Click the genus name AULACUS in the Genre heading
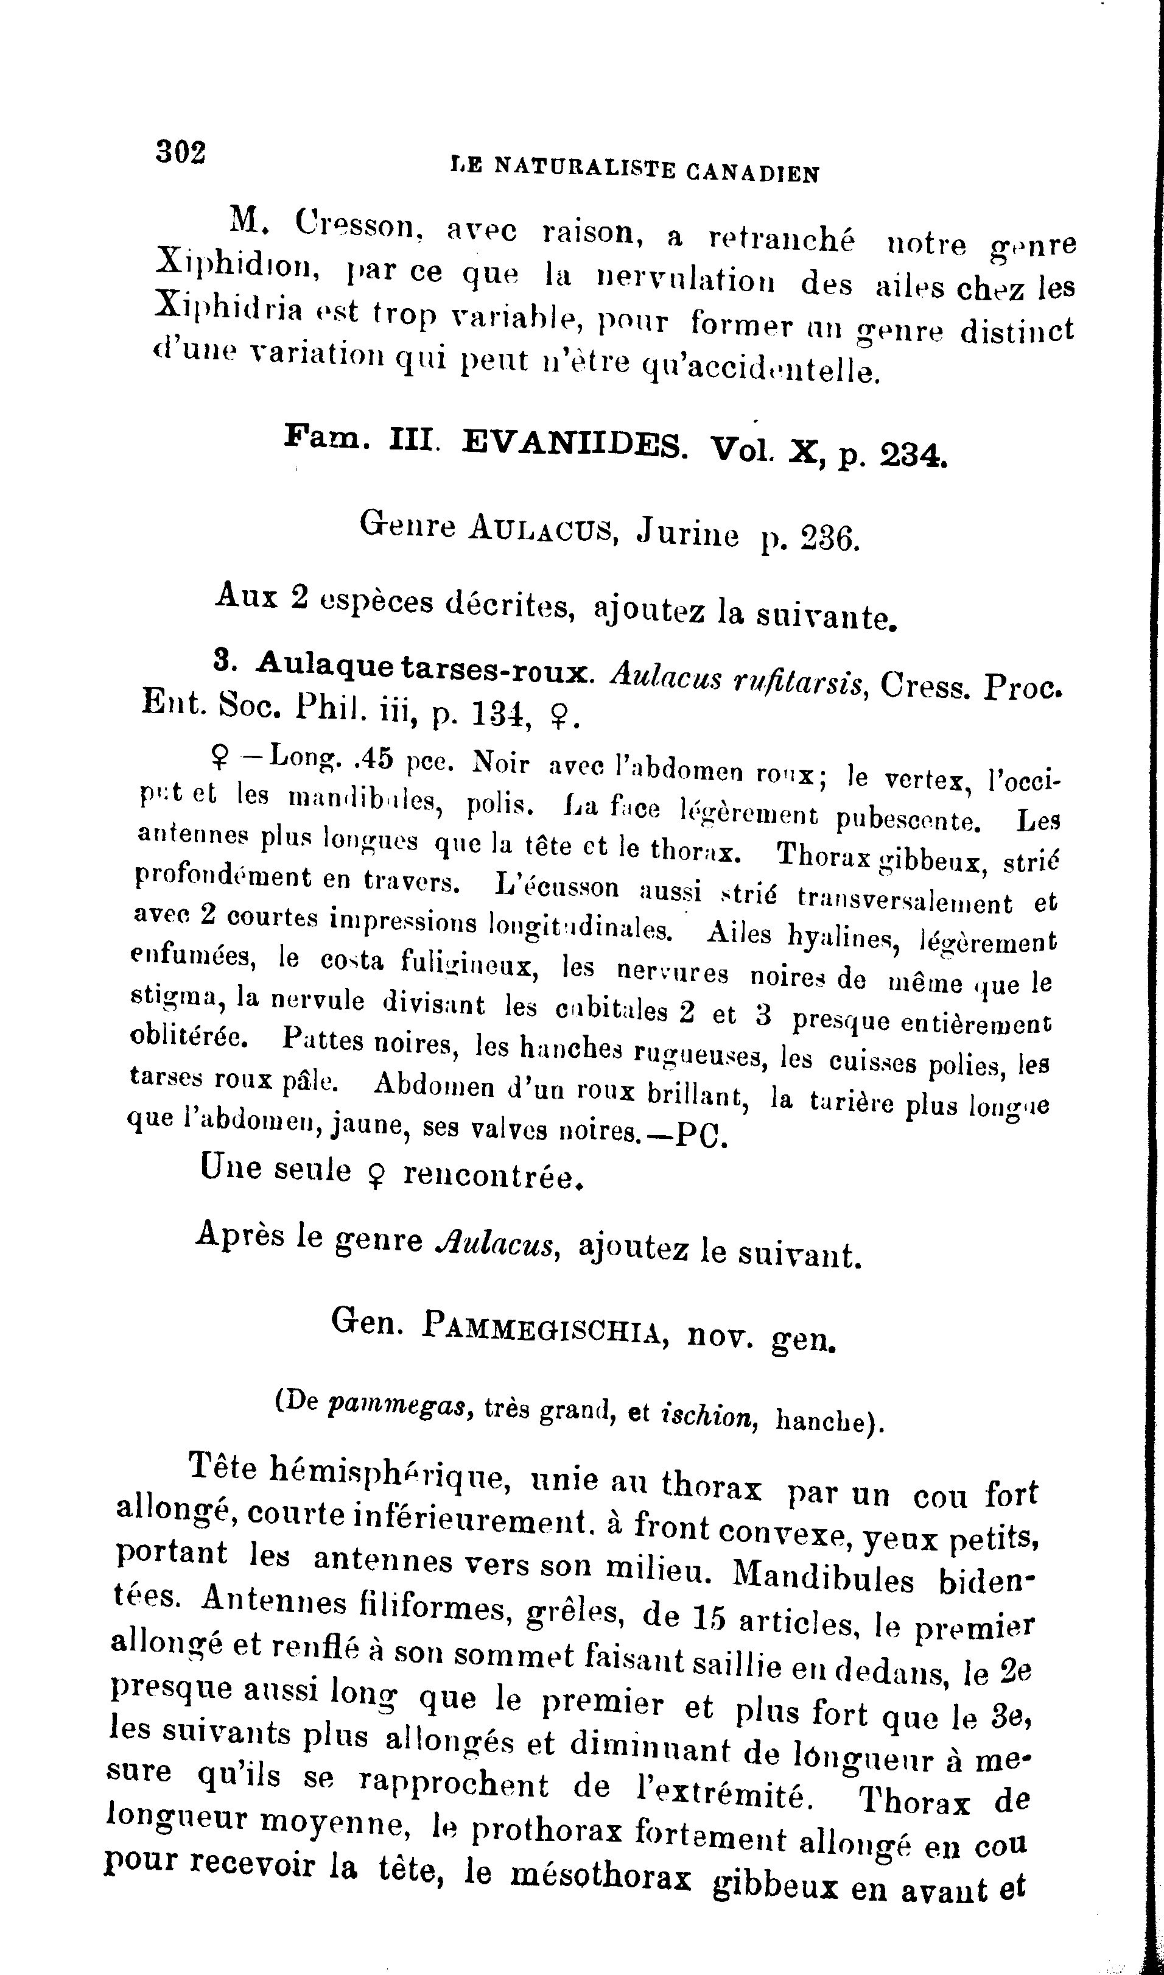pyautogui.click(x=541, y=528)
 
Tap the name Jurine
pyautogui.click(x=687, y=534)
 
